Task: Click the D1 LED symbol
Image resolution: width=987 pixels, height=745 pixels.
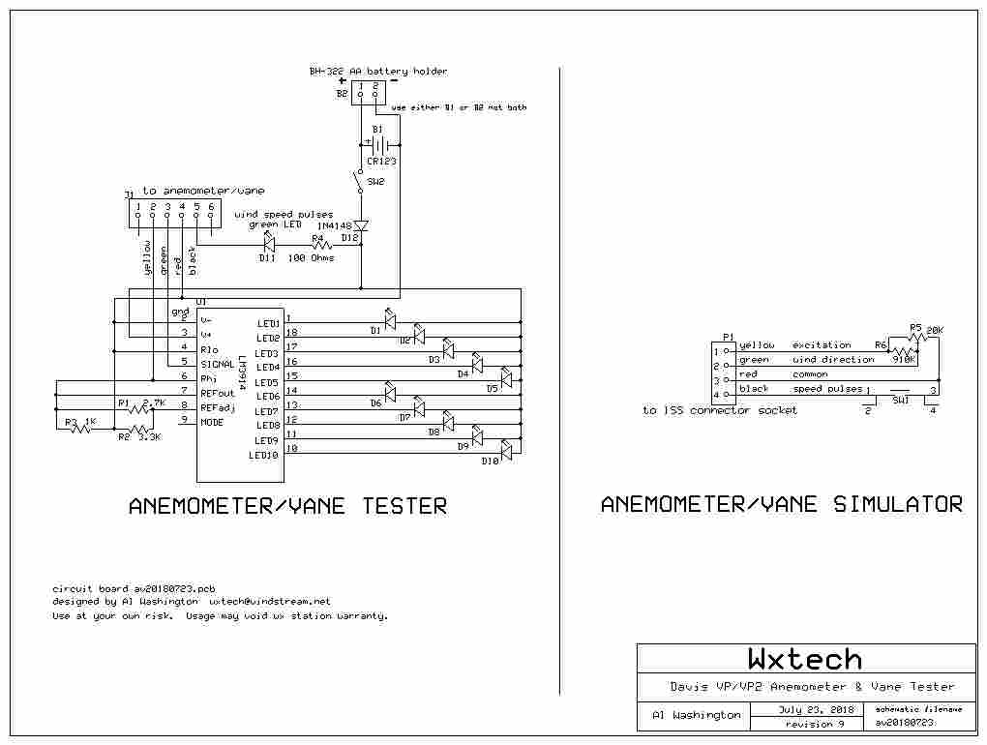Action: (390, 319)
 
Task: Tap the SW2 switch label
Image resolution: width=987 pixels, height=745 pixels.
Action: (375, 182)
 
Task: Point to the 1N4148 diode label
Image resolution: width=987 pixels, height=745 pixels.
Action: (335, 225)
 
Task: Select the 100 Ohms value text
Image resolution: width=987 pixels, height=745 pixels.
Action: (311, 259)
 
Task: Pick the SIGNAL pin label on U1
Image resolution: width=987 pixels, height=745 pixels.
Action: (217, 364)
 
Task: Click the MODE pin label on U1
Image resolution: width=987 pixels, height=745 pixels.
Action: (212, 422)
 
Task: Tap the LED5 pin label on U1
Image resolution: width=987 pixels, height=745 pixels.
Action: (268, 382)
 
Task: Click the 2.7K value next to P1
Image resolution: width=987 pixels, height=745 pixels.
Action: (155, 402)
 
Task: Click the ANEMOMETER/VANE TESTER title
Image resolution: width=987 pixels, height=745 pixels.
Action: (287, 505)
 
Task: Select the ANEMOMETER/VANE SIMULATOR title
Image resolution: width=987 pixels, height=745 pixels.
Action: (781, 504)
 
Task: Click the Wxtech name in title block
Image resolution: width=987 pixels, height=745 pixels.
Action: (804, 659)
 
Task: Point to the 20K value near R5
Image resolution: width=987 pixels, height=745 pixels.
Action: (934, 331)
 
